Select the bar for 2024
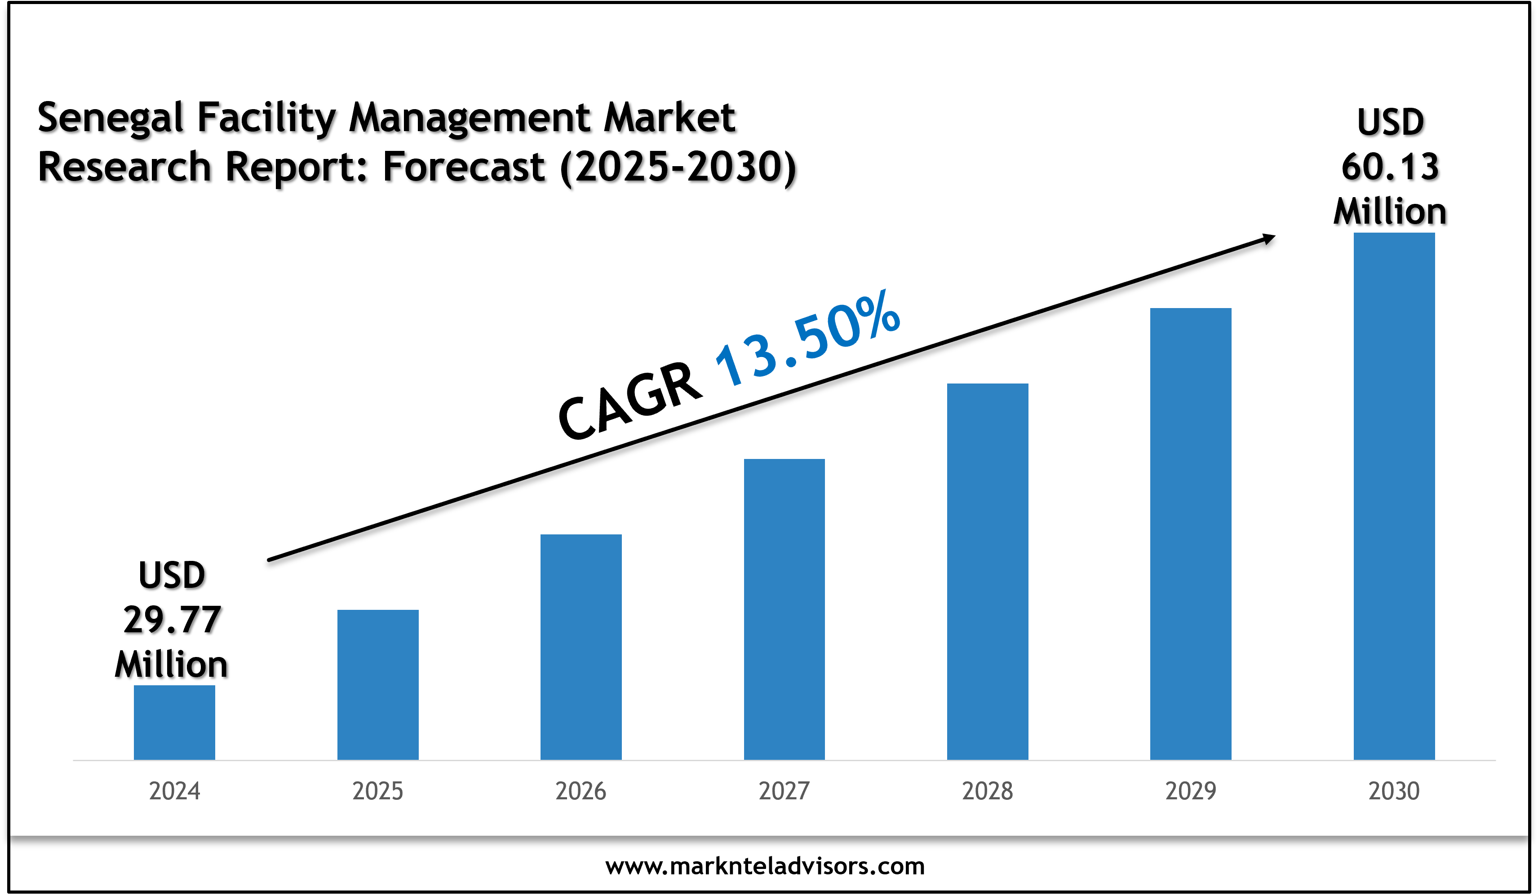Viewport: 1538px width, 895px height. (174, 723)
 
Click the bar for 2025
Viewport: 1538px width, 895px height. (378, 684)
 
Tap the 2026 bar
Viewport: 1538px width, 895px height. (581, 647)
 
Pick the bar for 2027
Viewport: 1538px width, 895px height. (784, 609)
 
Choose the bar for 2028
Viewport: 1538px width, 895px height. (988, 571)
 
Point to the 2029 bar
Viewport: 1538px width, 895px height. (1191, 534)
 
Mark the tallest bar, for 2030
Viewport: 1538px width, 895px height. (1394, 496)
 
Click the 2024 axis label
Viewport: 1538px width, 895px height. (174, 791)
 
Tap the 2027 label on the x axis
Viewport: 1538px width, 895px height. (784, 791)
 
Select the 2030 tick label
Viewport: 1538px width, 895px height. (1394, 791)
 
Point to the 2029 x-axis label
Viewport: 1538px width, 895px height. (1191, 791)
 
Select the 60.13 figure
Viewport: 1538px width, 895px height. (1390, 167)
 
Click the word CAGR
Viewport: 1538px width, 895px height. (630, 400)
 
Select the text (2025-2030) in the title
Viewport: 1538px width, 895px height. (678, 167)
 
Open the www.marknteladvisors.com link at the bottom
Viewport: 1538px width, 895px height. (765, 866)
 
